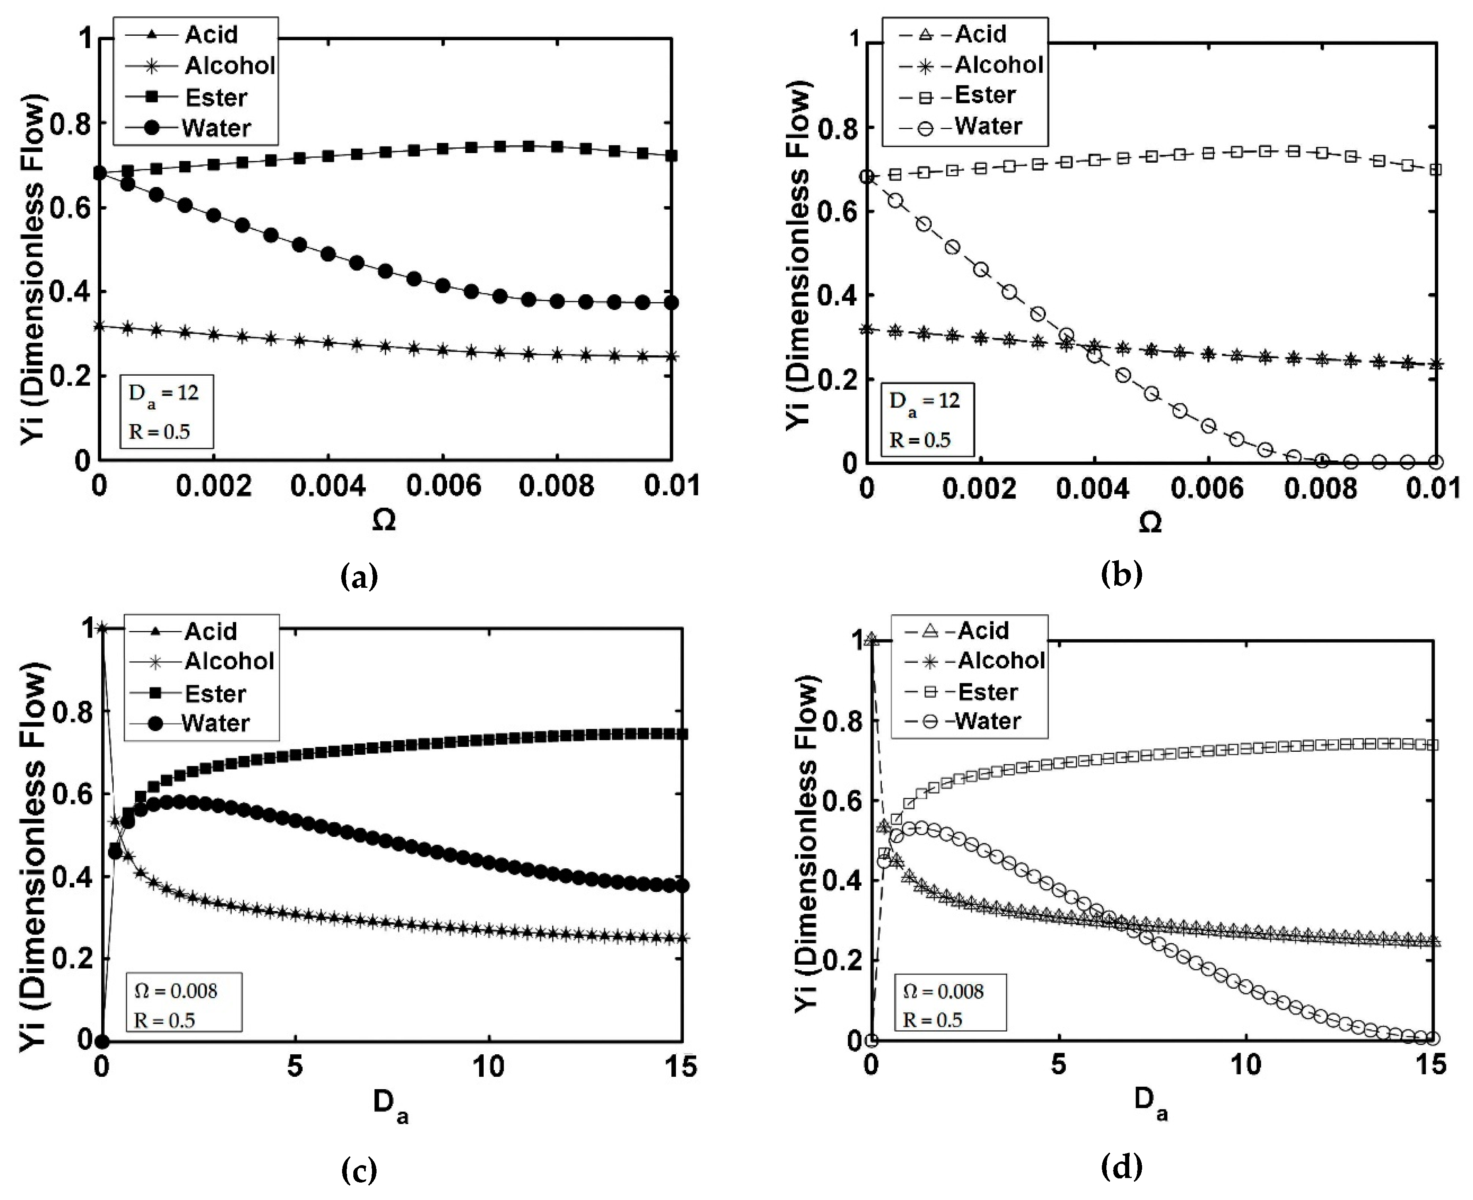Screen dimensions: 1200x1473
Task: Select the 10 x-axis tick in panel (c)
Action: coord(488,1067)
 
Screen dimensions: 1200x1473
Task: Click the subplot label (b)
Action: coord(1121,574)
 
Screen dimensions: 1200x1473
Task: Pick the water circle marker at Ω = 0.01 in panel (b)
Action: coord(1435,462)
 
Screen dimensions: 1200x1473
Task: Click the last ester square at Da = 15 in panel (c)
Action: coord(682,734)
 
